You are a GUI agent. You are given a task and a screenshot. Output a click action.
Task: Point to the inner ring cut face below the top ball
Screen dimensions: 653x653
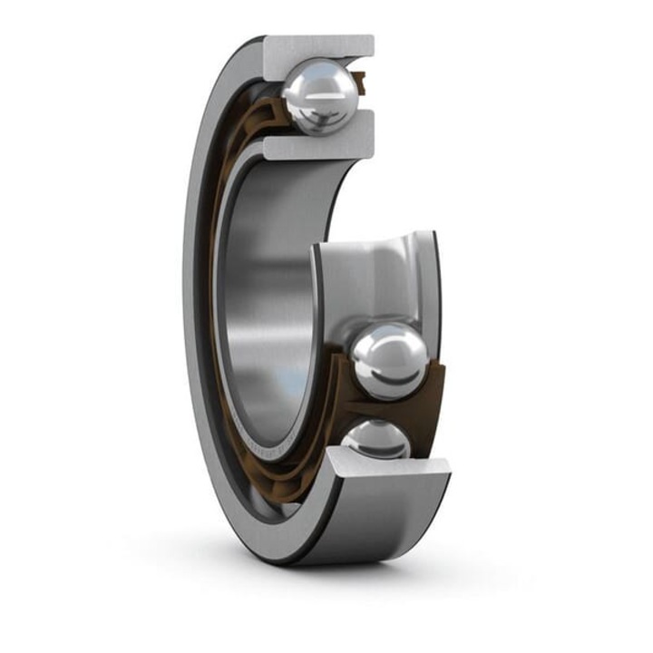(x=317, y=145)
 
